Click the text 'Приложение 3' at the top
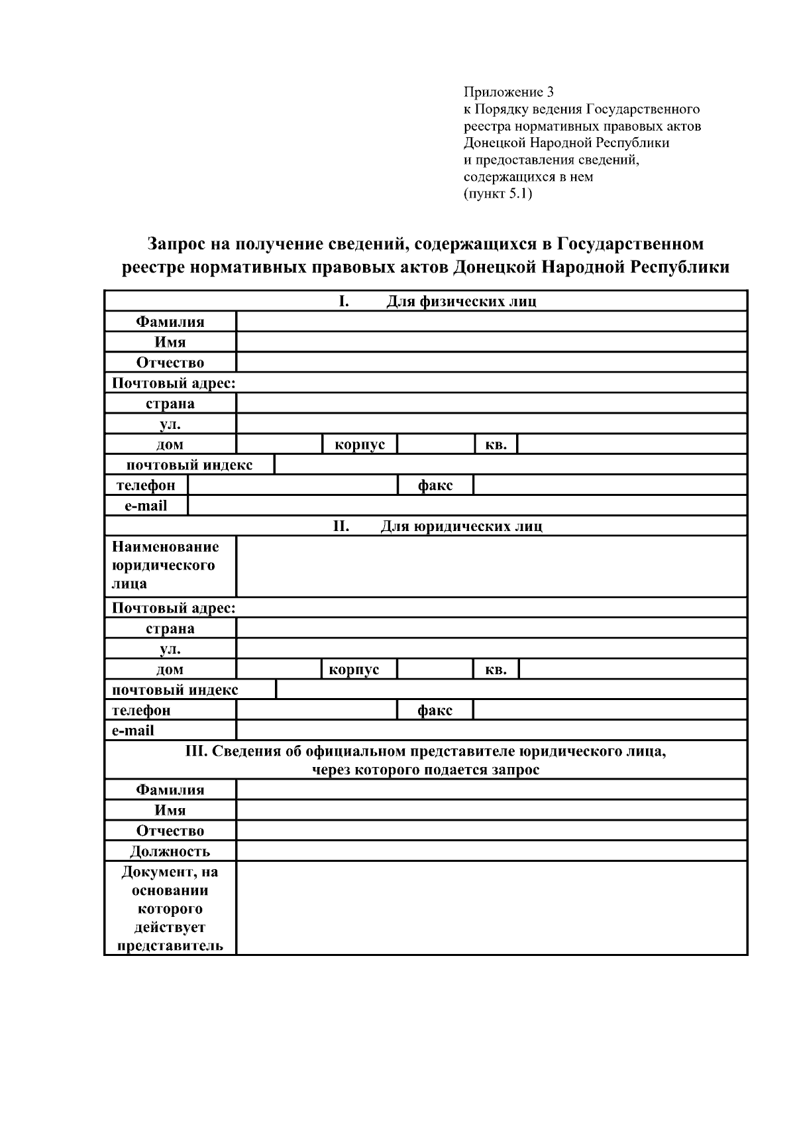coord(508,91)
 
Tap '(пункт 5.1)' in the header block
coord(498,194)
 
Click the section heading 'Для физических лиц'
coord(461,302)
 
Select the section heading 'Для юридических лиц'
coord(461,526)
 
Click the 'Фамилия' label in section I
coord(170,322)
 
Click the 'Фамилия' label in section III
coord(170,790)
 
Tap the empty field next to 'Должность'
coord(491,851)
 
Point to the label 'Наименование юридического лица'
coord(165,565)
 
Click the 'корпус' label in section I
coord(360,445)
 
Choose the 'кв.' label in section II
coord(496,670)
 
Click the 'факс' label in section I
coord(435,485)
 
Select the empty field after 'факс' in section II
coord(609,711)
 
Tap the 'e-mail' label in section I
coord(146,506)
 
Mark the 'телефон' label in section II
coord(141,711)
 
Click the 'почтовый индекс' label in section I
coord(189,465)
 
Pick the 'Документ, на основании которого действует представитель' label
coord(170,908)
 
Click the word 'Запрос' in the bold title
coord(176,244)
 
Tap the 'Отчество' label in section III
coord(170,831)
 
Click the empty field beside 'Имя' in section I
coord(491,343)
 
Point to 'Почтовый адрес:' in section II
coord(174,608)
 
